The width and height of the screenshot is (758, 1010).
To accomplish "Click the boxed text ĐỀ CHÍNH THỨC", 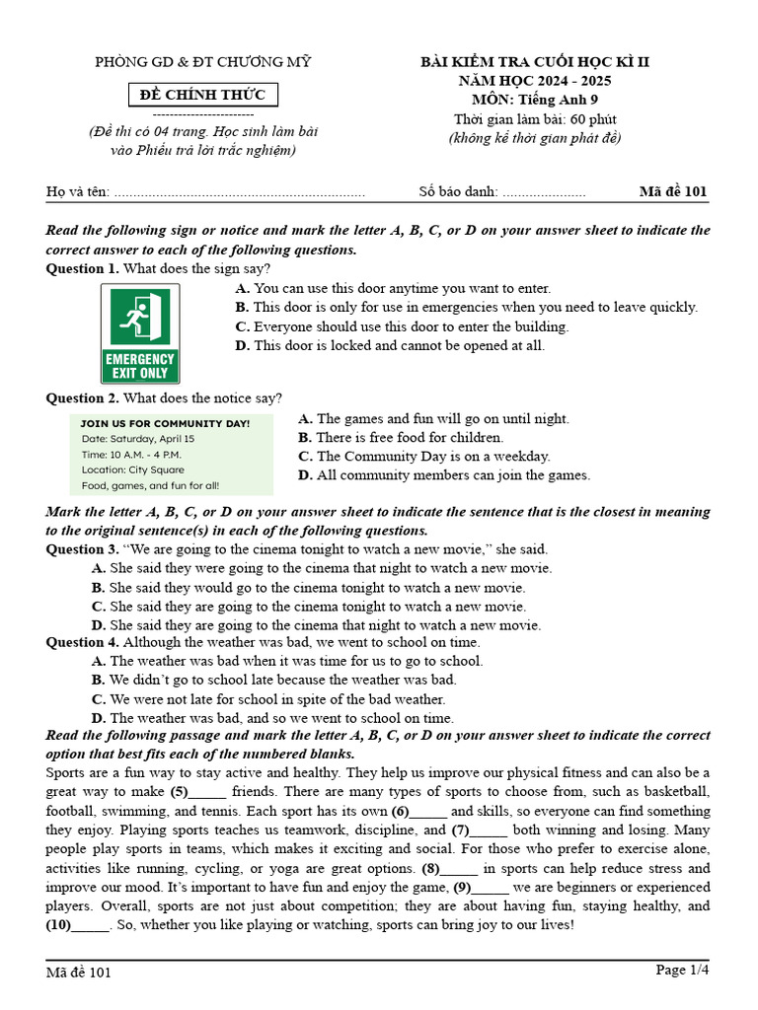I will coord(204,95).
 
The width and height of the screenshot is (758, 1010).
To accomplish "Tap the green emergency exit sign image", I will coord(140,333).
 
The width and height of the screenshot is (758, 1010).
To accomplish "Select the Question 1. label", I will coord(83,268).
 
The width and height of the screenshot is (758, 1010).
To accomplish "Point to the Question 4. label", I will coord(83,642).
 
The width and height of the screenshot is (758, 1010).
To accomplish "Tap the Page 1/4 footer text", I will coord(682,971).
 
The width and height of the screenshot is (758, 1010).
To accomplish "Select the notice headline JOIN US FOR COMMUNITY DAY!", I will coord(165,422).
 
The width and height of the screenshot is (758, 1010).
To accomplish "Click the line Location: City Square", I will coord(132,469).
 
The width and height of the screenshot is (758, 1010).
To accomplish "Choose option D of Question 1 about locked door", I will coord(390,345).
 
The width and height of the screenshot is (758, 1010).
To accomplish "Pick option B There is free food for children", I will coord(401,437).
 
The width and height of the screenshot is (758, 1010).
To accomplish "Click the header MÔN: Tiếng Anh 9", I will coord(535,100).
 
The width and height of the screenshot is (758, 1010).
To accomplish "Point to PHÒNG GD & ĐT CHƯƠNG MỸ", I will coord(202,62).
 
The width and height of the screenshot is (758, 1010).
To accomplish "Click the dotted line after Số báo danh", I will coord(544,192).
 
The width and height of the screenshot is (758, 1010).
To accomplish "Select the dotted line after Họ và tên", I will coord(240,192).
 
